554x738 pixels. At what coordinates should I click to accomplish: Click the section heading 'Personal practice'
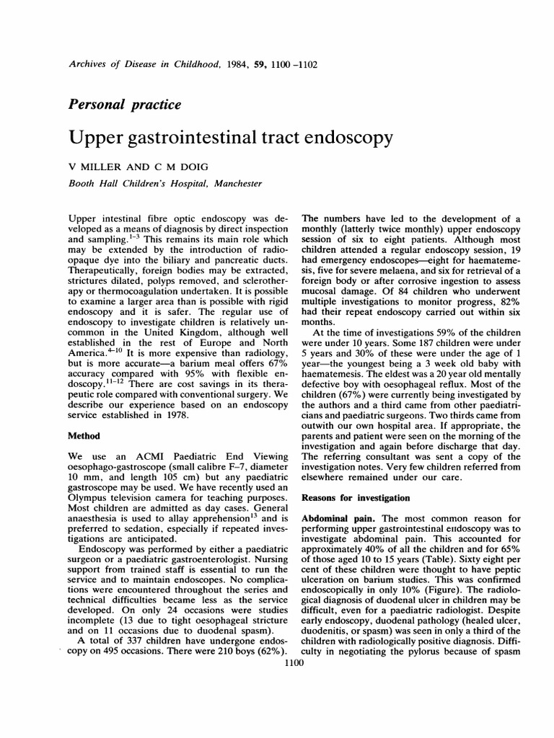[123, 105]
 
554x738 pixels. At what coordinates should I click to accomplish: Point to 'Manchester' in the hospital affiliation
[235, 184]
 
